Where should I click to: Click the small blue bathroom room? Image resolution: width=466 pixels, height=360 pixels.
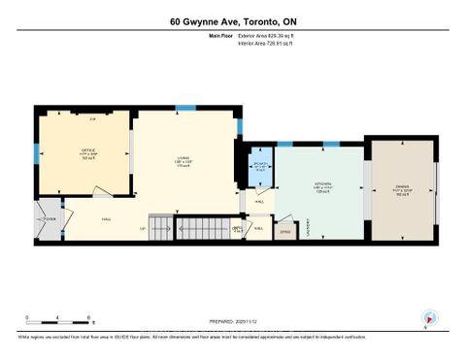259,166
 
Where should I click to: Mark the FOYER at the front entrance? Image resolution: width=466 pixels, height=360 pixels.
46,219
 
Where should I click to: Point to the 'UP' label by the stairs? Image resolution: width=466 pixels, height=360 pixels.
143,229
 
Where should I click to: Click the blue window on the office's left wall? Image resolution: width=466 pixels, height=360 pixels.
38,153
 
